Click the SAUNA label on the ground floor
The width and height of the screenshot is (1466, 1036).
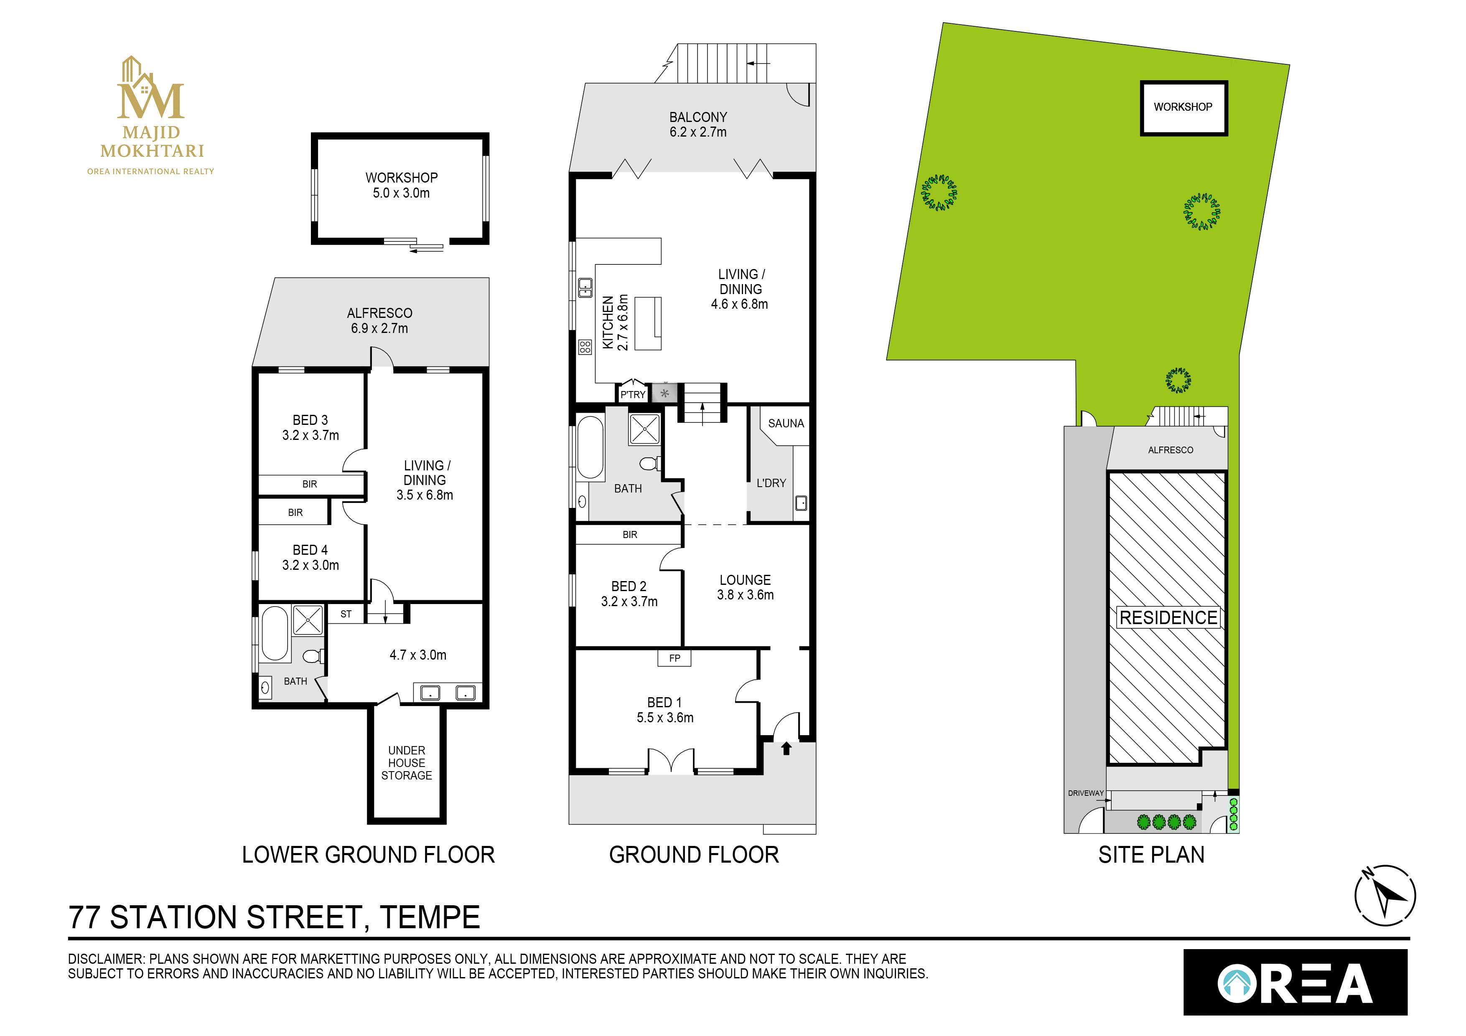[x=785, y=423]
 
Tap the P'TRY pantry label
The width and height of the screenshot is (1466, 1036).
[x=633, y=394]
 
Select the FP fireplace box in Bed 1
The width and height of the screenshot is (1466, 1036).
[x=674, y=658]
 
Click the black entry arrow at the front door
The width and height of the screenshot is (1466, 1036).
[x=786, y=748]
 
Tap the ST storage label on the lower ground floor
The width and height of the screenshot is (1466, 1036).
[x=346, y=614]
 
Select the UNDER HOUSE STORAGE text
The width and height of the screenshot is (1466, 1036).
[x=406, y=763]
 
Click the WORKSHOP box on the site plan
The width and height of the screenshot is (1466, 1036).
[x=1183, y=107]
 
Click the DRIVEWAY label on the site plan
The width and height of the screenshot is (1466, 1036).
[x=1085, y=793]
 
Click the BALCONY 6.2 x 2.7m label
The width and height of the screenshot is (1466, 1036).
[x=698, y=124]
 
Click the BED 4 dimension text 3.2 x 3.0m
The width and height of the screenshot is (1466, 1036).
[x=311, y=565]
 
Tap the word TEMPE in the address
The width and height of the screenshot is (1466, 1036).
[x=430, y=917]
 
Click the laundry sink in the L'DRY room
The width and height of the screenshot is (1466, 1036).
[x=801, y=504]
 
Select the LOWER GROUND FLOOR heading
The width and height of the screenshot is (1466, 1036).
[x=369, y=855]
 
